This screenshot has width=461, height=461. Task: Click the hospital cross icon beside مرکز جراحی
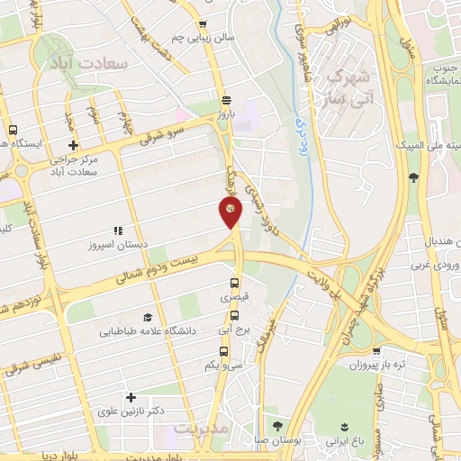coord(73,146)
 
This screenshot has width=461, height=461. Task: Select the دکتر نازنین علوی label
coord(132,411)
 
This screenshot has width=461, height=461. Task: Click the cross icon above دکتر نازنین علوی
coord(131,396)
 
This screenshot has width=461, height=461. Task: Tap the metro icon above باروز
coord(225,101)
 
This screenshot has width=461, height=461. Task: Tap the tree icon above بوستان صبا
coord(275,426)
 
